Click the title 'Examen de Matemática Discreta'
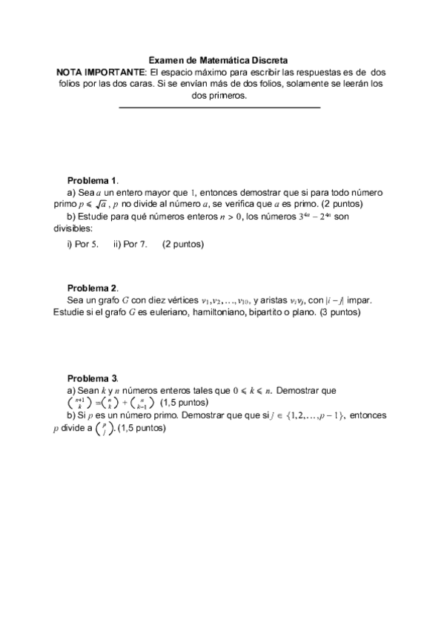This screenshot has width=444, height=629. pos(219,60)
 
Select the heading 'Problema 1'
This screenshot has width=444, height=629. pos(93,180)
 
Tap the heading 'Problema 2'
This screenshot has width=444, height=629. pos(93,288)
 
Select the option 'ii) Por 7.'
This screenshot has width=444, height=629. pos(130,244)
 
